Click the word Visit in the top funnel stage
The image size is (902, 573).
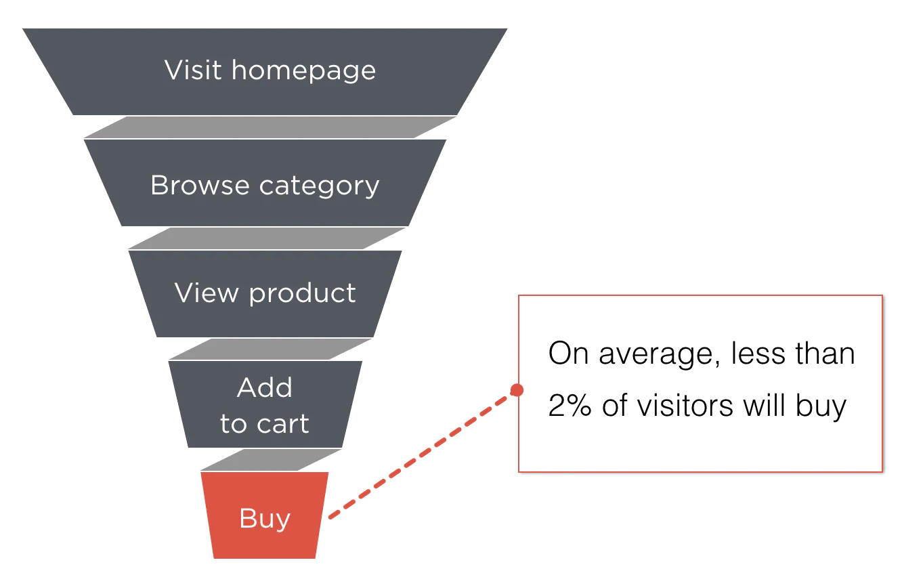click(x=193, y=70)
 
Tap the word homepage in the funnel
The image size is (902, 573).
click(x=303, y=71)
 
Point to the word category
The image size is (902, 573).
click(x=320, y=187)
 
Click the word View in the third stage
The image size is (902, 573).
click(x=207, y=293)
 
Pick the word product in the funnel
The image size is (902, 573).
click(x=303, y=293)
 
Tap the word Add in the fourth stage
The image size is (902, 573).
click(x=265, y=387)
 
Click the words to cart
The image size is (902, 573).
click(x=265, y=423)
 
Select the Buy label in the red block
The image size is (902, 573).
click(x=265, y=519)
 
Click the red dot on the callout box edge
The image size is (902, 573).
click(x=517, y=389)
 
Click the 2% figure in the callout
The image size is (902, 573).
click(x=570, y=405)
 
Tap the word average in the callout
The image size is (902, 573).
click(x=660, y=355)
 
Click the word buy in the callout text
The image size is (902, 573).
click(x=821, y=406)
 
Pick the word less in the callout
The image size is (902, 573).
click(x=758, y=354)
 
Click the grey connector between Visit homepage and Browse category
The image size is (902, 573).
click(x=270, y=127)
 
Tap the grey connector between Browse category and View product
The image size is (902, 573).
click(x=267, y=238)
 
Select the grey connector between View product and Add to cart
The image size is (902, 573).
click(x=270, y=349)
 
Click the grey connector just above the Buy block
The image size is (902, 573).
click(x=271, y=460)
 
